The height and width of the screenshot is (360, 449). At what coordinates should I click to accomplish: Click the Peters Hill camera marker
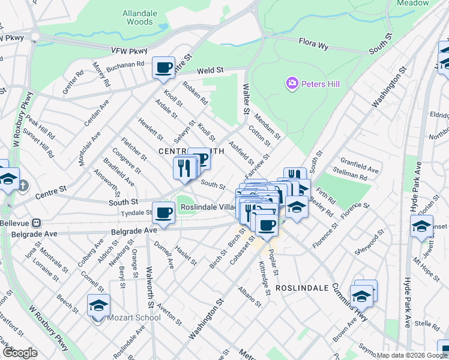[292, 83]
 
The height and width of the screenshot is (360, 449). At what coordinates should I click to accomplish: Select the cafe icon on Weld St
[163, 68]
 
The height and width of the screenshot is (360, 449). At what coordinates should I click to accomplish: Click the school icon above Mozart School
[98, 305]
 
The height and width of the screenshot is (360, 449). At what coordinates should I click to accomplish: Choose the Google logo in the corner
[20, 353]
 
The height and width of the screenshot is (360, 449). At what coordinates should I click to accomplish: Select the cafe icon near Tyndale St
[163, 212]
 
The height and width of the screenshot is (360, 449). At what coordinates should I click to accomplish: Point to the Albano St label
[250, 296]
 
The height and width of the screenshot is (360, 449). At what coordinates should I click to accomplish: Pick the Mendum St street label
[267, 127]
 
